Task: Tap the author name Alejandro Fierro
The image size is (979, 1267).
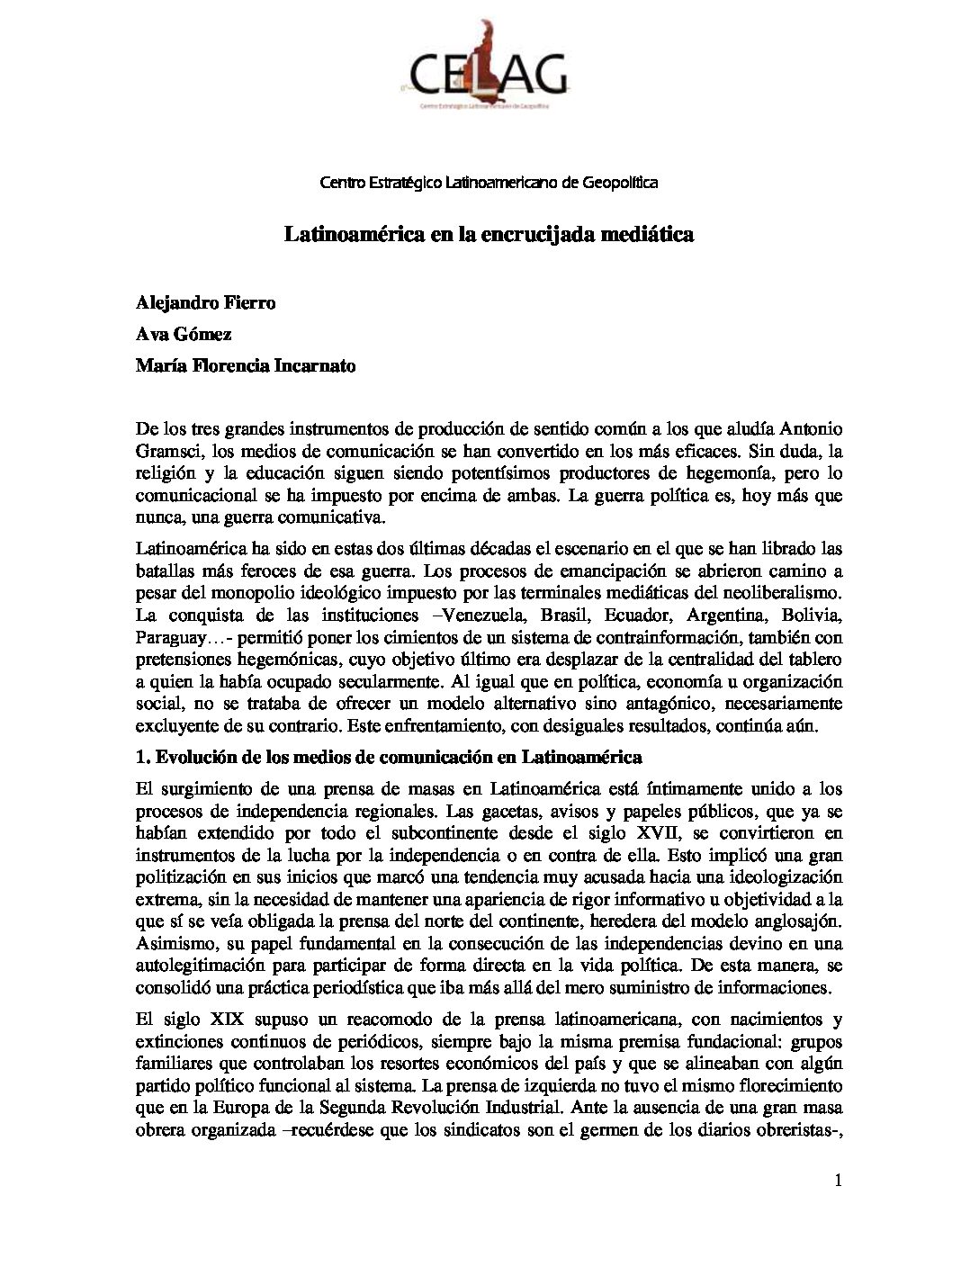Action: point(205,302)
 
